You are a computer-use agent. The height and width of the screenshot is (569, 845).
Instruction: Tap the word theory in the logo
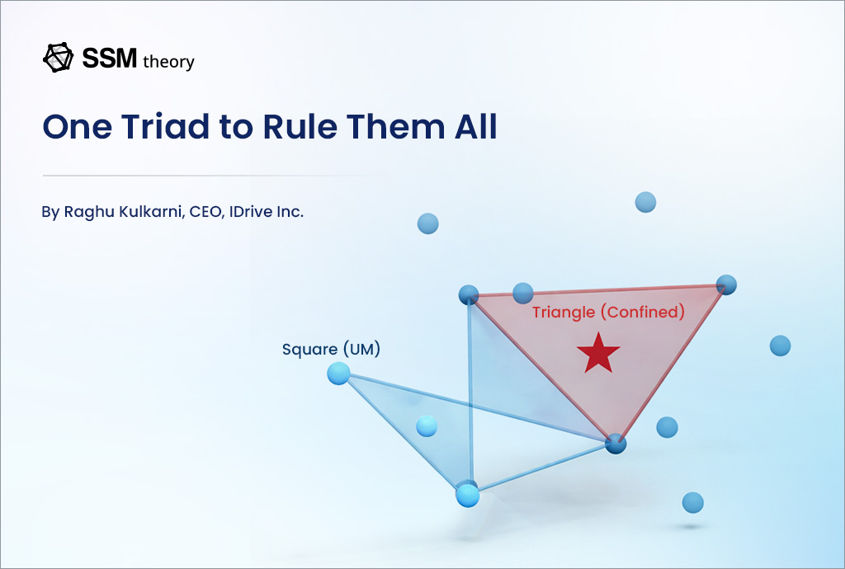coord(168,61)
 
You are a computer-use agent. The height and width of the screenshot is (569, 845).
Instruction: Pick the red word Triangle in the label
coord(563,313)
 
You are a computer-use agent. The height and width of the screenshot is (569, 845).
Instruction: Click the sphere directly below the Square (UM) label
coord(338,374)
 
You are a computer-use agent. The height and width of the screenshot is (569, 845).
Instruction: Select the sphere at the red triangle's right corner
coord(725,284)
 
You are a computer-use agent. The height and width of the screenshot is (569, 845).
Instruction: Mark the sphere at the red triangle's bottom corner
coord(616,444)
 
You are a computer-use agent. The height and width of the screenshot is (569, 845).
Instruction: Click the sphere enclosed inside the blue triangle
coord(427,426)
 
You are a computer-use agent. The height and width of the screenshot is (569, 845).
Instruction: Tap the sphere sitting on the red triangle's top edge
coord(523,292)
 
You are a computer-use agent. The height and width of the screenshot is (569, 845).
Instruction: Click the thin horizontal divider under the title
coord(215,176)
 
